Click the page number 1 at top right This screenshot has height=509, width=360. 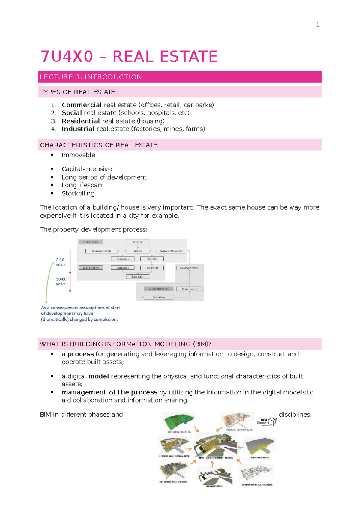coord(318,25)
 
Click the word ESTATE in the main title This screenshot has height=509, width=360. coord(189,57)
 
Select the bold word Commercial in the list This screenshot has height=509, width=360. coord(82,105)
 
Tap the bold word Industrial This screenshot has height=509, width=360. coord(78,129)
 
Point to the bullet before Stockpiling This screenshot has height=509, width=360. coord(52,193)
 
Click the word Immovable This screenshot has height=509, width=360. coord(78,155)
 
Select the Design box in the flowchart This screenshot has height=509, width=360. coord(138,251)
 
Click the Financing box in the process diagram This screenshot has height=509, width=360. coord(152,259)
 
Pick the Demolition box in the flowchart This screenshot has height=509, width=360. coord(158,297)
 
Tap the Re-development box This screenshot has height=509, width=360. coord(189,268)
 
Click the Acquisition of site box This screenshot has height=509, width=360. coord(101,251)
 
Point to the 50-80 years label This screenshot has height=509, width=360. coord(61,281)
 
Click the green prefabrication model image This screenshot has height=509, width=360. coord(179,421)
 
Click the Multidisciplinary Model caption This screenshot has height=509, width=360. coord(216,458)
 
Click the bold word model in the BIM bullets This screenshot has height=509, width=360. coord(98,376)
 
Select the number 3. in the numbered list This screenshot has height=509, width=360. coord(54,121)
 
